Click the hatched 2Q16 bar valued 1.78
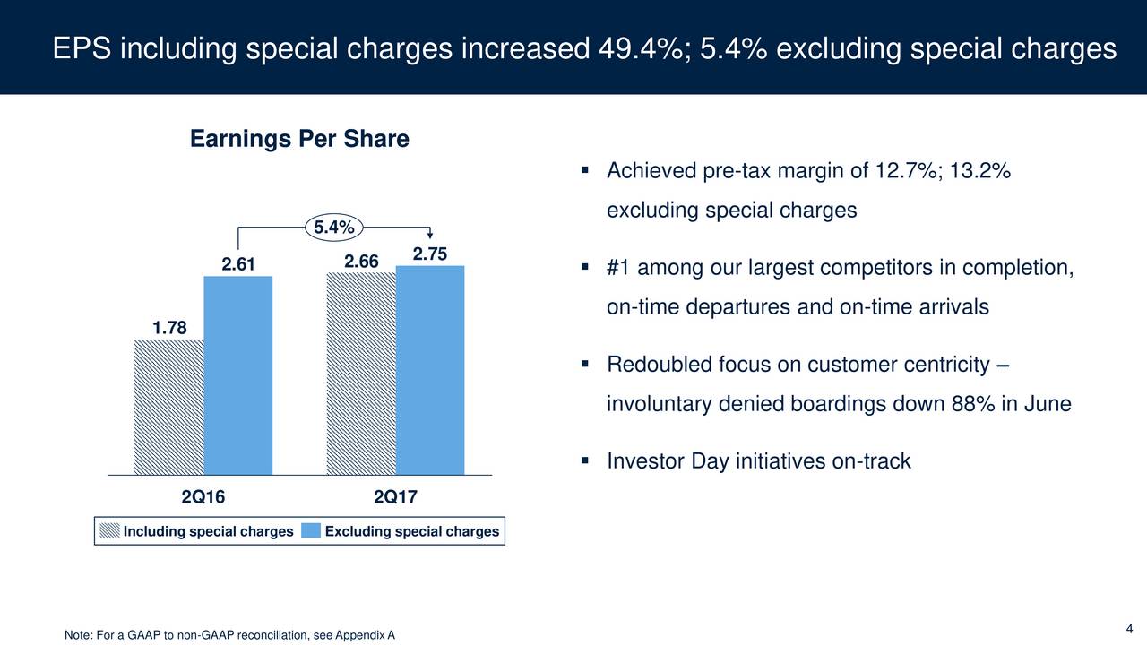pos(168,406)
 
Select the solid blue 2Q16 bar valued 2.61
pos(237,374)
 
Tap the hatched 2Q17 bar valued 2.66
pos(360,372)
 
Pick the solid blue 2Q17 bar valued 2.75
pos(429,369)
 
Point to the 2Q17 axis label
pos(395,496)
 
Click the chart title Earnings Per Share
pos(299,140)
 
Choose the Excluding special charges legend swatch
pos(311,531)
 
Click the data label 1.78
pos(169,329)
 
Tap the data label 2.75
pos(430,254)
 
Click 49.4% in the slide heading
pos(635,48)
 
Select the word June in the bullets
pos(1047,404)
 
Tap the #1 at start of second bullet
pos(617,269)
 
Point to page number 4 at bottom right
pos(1130,626)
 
